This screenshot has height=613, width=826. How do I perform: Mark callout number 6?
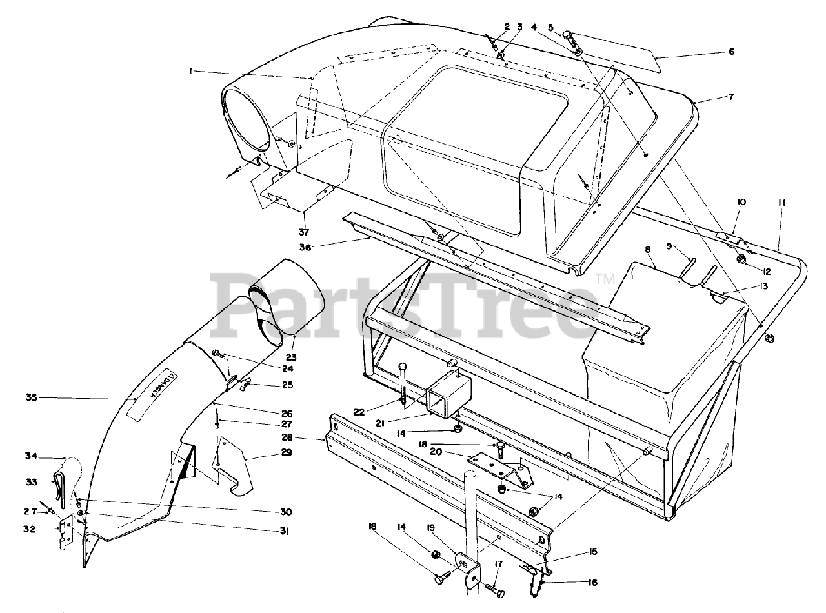[731, 52]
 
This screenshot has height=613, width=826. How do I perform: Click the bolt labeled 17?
[494, 588]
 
